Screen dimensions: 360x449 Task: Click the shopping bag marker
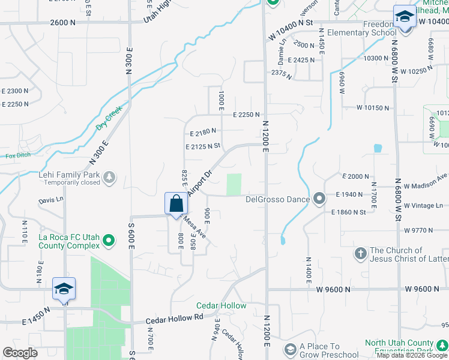pos(175,203)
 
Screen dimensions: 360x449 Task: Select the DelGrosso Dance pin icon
pos(319,198)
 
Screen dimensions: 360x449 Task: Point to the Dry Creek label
pos(109,118)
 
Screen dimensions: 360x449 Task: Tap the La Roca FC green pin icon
pos(109,241)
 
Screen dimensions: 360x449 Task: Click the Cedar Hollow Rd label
pos(174,320)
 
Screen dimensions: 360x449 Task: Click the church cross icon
pos(360,254)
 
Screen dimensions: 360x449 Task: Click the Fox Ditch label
pos(17,156)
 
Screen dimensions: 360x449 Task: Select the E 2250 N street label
pos(247,115)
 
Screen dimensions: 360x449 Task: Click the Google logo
pos(20,353)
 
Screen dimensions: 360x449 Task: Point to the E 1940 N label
pos(351,194)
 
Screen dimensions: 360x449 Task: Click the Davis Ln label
pos(51,200)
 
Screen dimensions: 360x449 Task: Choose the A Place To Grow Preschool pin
pos(290,349)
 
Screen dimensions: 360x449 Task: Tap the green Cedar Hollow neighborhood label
pos(221,305)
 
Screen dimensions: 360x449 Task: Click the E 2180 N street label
pos(202,131)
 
